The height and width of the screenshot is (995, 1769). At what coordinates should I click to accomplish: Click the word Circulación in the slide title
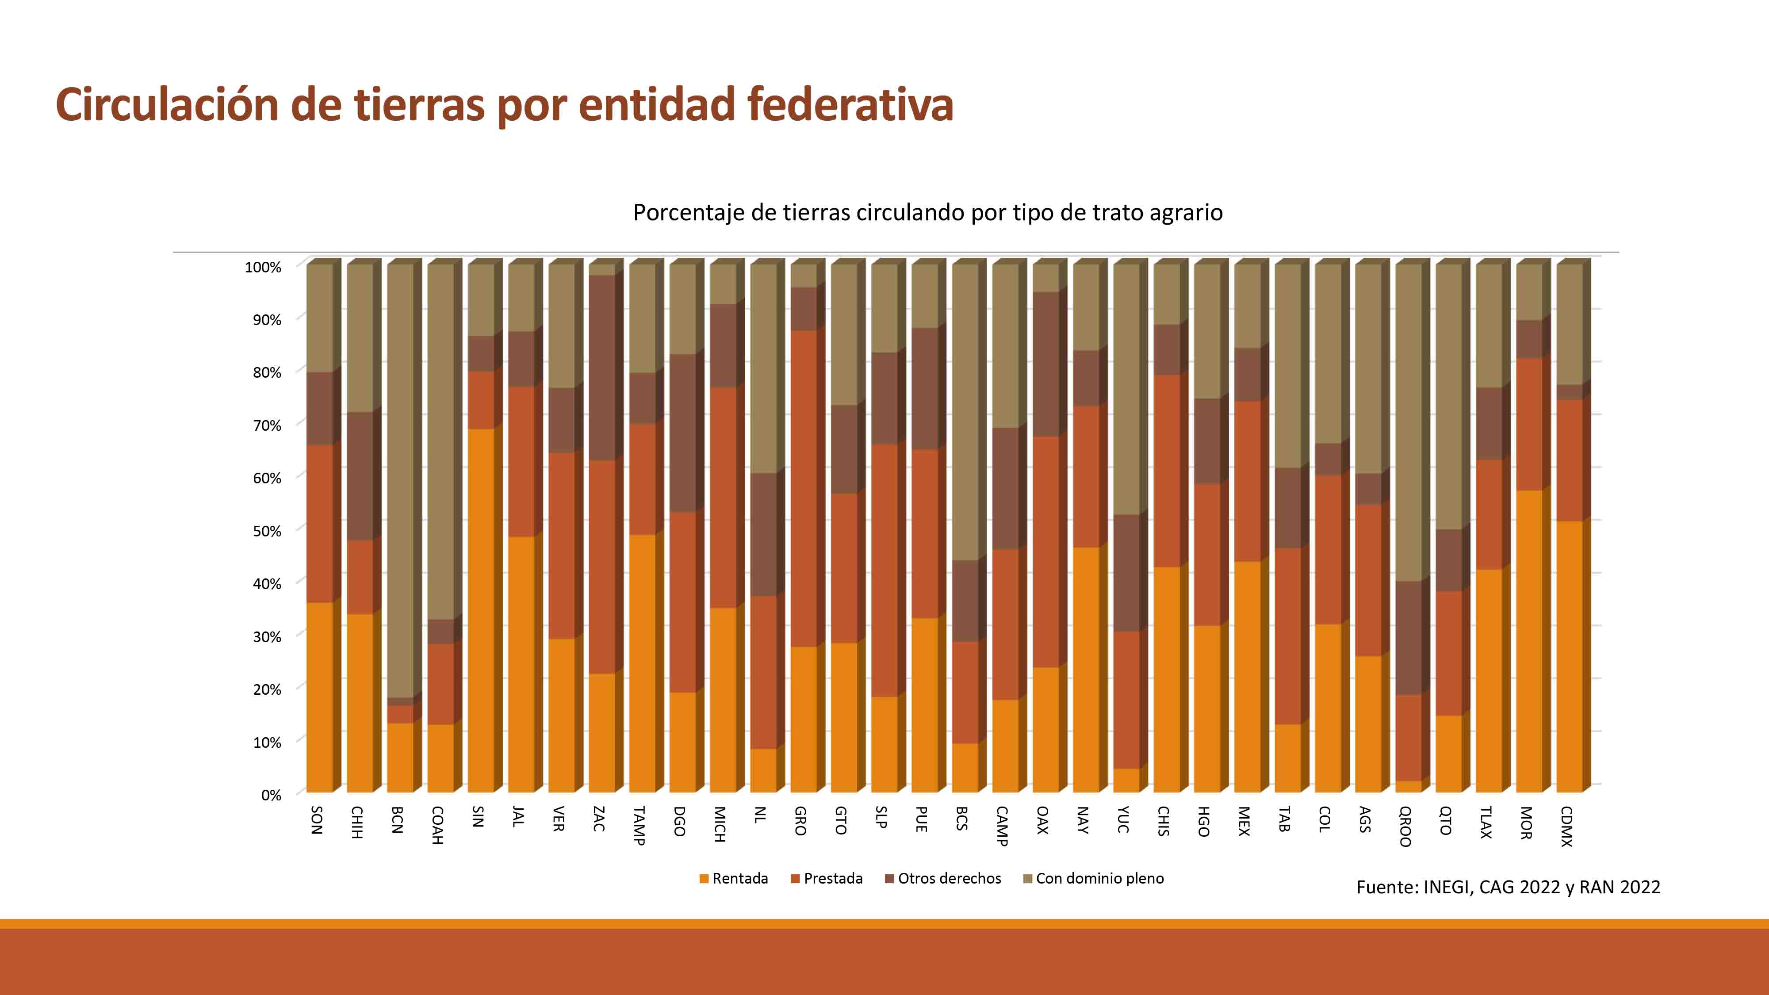pyautogui.click(x=167, y=105)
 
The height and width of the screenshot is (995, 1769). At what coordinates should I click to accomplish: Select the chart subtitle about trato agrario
pyautogui.click(x=927, y=213)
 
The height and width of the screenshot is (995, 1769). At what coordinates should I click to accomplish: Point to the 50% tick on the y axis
pyautogui.click(x=267, y=531)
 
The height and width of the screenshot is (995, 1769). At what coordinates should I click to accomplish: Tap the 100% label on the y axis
pyautogui.click(x=263, y=267)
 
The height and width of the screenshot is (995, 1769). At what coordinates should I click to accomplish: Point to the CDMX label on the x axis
pyautogui.click(x=1566, y=826)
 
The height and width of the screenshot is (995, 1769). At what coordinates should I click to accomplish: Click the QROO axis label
pyautogui.click(x=1405, y=826)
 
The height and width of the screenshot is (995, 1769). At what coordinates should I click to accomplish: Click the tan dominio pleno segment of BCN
pyautogui.click(x=400, y=481)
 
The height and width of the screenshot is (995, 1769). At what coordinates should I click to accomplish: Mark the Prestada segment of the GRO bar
pyautogui.click(x=804, y=487)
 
